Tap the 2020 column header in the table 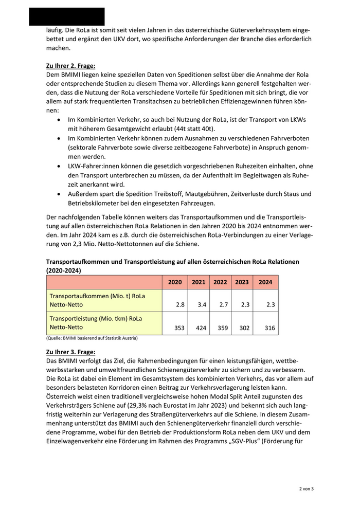point(175,282)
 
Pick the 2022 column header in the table point(220,282)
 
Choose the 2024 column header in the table point(265,282)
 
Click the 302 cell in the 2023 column point(246,328)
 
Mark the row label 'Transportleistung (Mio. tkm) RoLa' point(96,319)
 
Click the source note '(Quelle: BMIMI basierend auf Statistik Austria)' point(92,338)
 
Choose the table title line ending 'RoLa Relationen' point(173,261)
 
